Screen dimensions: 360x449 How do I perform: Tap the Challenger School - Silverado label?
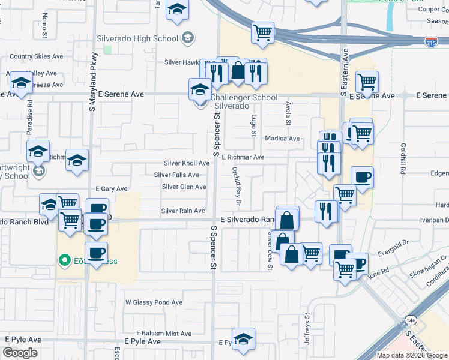click(x=245, y=101)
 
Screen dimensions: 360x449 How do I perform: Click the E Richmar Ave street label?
click(x=243, y=157)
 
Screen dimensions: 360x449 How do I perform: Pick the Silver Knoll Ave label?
click(x=187, y=163)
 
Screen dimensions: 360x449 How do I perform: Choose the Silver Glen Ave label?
click(x=184, y=187)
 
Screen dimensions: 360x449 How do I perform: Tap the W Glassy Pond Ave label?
click(x=153, y=302)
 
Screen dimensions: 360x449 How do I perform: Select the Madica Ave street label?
click(x=282, y=139)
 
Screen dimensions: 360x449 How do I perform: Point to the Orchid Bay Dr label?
click(x=236, y=183)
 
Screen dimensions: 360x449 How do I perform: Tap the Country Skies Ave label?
click(x=37, y=56)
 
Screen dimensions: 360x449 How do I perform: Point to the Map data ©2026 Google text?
click(x=411, y=355)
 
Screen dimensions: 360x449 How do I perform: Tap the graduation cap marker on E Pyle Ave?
click(x=243, y=340)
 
